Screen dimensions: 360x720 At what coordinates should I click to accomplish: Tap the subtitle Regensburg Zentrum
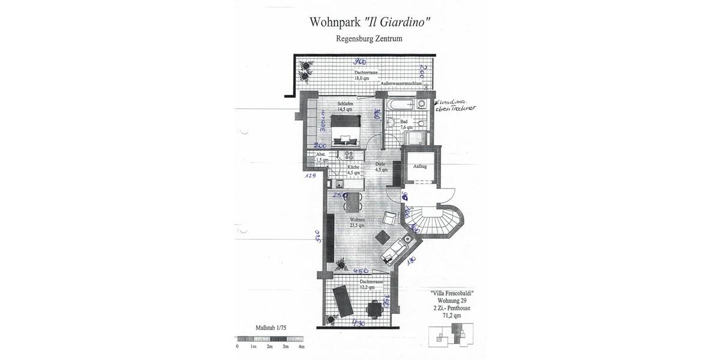(x=369, y=38)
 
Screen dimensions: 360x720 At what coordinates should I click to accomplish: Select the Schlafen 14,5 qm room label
(x=345, y=107)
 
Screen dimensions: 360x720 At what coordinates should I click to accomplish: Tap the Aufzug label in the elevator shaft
(x=420, y=166)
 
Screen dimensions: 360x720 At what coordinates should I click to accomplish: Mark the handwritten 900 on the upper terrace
(x=359, y=62)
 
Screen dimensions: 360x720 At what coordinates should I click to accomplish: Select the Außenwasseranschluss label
(x=401, y=83)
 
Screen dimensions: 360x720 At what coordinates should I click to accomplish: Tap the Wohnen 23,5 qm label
(x=358, y=223)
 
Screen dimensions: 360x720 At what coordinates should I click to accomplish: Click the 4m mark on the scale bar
(x=301, y=347)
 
